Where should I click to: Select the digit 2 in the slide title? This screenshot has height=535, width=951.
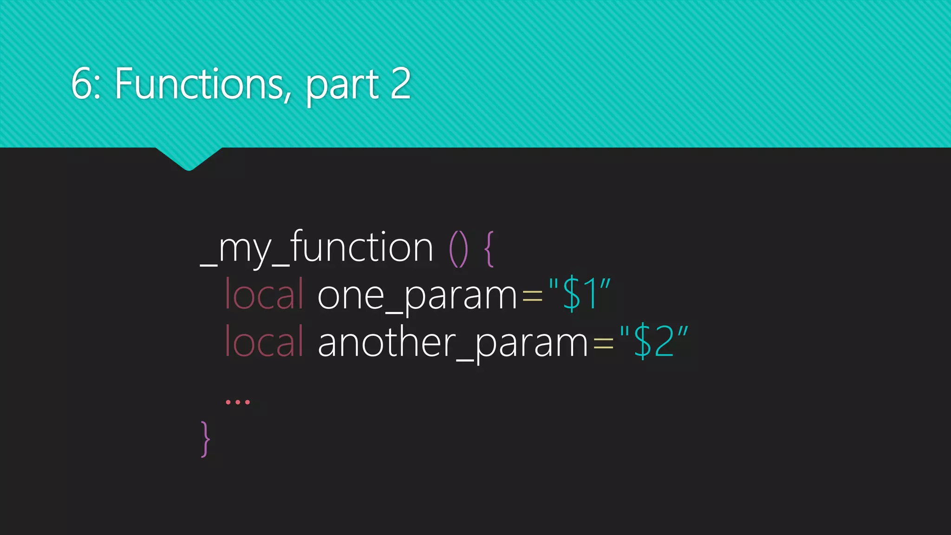click(x=400, y=84)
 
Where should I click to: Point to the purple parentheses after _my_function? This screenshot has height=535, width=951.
click(x=458, y=249)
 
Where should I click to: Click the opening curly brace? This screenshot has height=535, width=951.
click(x=489, y=249)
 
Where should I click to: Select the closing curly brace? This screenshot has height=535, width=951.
click(x=205, y=439)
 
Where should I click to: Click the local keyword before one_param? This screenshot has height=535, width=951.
click(x=264, y=294)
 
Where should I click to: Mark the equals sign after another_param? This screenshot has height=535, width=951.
click(x=603, y=344)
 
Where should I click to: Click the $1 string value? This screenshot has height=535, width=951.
click(x=579, y=294)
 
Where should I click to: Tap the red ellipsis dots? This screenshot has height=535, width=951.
click(x=237, y=402)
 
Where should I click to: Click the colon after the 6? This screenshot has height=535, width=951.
click(x=97, y=88)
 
